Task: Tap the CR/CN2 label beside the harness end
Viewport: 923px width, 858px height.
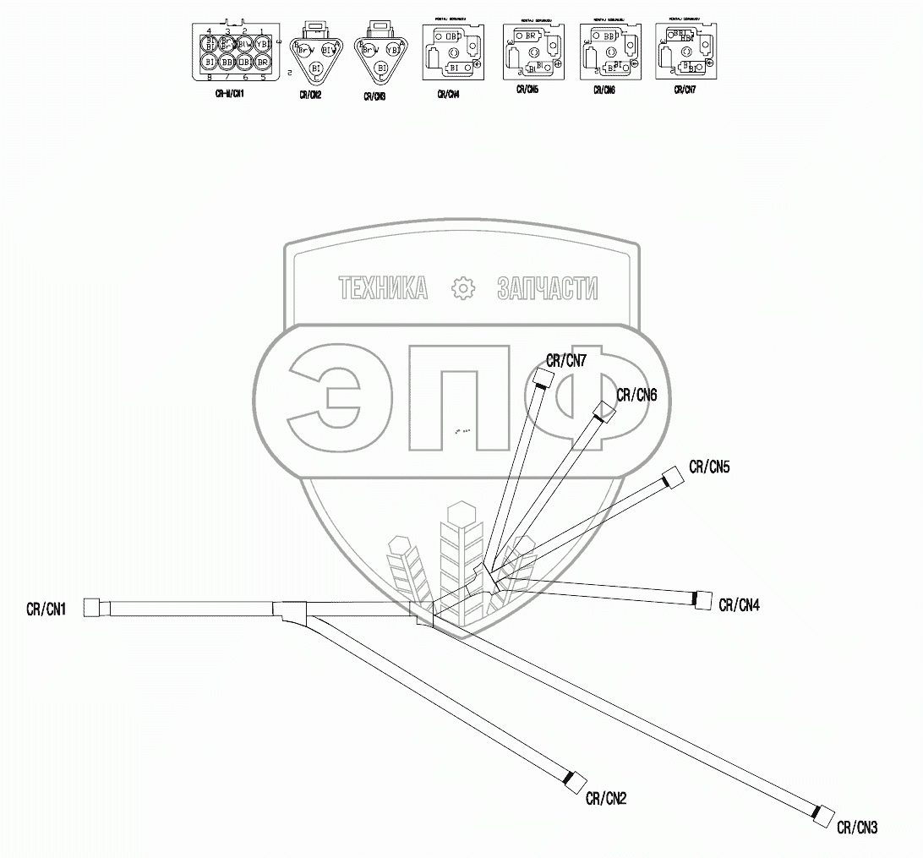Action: coord(606,798)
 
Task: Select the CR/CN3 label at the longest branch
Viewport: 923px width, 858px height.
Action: coord(857,828)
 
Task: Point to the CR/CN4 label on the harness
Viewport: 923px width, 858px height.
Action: coord(740,605)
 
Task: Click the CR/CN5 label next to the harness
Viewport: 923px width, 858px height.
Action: coord(709,467)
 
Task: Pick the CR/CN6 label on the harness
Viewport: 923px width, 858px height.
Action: coord(636,395)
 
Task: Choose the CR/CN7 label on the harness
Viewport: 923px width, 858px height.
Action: coord(567,359)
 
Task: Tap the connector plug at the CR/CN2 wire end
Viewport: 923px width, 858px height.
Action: coord(574,781)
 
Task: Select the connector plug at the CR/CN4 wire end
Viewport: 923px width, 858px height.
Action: coord(703,599)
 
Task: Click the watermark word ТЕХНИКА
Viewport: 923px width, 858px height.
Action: coord(383,288)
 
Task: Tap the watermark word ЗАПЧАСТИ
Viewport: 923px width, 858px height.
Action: coord(547,288)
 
